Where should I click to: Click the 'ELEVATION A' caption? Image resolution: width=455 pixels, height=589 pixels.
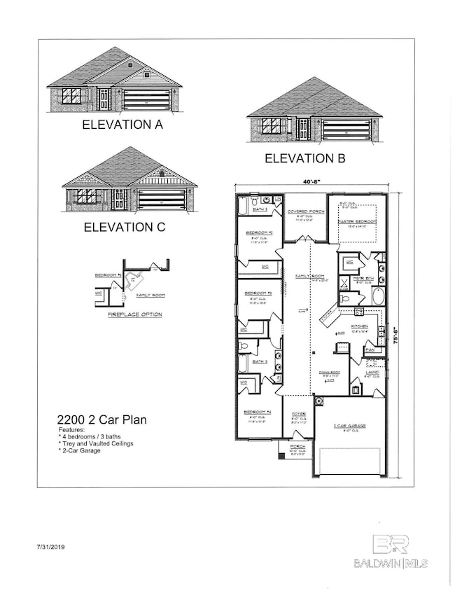pyautogui.click(x=122, y=125)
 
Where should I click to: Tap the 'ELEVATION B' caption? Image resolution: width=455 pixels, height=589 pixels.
pyautogui.click(x=304, y=159)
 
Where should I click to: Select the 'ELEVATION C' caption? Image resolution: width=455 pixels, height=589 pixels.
pyautogui.click(x=122, y=227)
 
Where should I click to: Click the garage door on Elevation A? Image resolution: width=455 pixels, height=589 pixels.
pyautogui.click(x=146, y=99)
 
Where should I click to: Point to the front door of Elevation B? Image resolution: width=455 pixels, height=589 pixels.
pyautogui.click(x=304, y=128)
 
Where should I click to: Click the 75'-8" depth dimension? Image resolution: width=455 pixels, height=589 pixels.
pyautogui.click(x=396, y=333)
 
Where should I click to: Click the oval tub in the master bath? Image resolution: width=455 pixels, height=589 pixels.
pyautogui.click(x=378, y=296)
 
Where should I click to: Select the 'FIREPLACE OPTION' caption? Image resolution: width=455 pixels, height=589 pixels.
pyautogui.click(x=134, y=314)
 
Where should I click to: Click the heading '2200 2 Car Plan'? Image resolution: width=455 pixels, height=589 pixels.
pyautogui.click(x=101, y=420)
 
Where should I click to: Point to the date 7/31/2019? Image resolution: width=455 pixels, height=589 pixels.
pyautogui.click(x=53, y=544)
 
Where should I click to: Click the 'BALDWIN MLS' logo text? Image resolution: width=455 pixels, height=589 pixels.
pyautogui.click(x=401, y=562)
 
